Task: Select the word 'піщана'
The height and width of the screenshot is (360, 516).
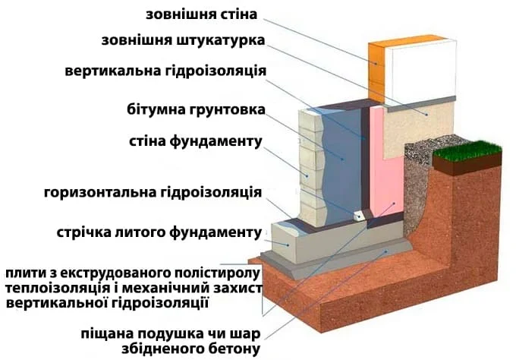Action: coord(111,334)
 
